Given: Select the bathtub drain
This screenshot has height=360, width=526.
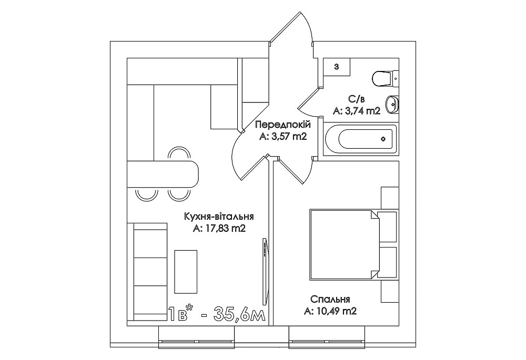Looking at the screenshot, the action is [383, 139].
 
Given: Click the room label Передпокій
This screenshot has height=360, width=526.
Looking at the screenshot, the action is [283, 125].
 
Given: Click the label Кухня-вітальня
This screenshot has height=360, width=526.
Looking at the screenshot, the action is [219, 217].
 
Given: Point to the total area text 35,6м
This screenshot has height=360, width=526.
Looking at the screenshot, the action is [240, 314].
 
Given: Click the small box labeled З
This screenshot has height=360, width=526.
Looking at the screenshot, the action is [337, 66].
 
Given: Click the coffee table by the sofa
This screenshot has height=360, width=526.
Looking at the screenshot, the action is [186, 272].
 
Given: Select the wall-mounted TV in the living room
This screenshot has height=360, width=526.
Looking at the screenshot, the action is [265, 272].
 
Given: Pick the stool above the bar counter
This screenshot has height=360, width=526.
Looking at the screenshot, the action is [179, 154].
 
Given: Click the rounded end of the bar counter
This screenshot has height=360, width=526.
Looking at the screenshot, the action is [193, 174].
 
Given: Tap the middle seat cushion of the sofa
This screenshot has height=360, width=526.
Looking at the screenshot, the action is [150, 272].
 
